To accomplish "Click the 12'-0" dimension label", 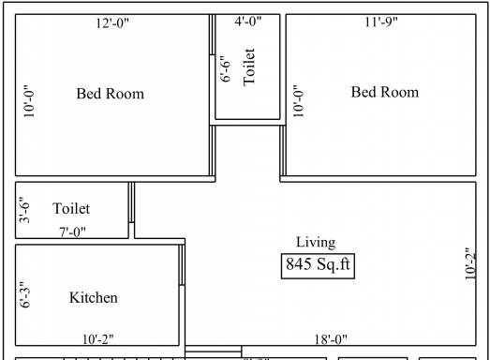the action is pyautogui.click(x=112, y=22).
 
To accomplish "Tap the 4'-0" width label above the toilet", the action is pyautogui.click(x=248, y=22).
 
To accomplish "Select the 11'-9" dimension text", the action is pyautogui.click(x=381, y=22).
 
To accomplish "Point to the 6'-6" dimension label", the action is pyautogui.click(x=226, y=69).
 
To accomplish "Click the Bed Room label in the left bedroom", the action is pyautogui.click(x=111, y=94).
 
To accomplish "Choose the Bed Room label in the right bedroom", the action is pyautogui.click(x=385, y=92).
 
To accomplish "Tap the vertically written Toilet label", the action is pyautogui.click(x=249, y=67).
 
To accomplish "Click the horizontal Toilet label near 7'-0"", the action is pyautogui.click(x=71, y=209).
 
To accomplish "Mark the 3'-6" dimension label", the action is pyautogui.click(x=24, y=210).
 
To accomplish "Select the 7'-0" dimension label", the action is pyautogui.click(x=72, y=232).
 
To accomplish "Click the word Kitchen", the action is pyautogui.click(x=94, y=297).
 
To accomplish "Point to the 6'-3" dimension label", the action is pyautogui.click(x=25, y=294).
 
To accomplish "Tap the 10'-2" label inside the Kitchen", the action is pyautogui.click(x=98, y=339).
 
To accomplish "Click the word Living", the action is pyautogui.click(x=316, y=243).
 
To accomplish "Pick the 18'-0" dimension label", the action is pyautogui.click(x=331, y=339).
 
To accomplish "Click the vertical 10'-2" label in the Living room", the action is pyautogui.click(x=470, y=264).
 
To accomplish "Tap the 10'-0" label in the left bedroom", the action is pyautogui.click(x=29, y=101).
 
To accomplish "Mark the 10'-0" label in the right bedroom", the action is pyautogui.click(x=299, y=101).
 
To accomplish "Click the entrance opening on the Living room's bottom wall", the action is pyautogui.click(x=213, y=352).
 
